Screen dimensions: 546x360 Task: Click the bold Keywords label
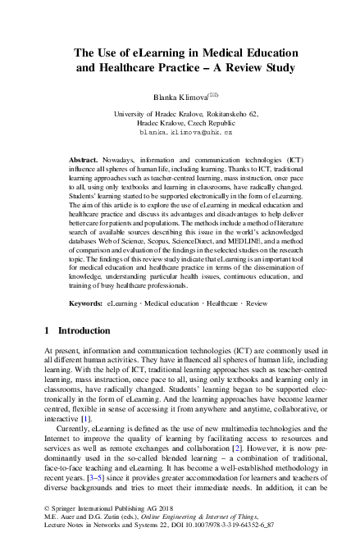pyautogui.click(x=85, y=303)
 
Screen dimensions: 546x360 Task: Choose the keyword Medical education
pyautogui.click(x=172, y=303)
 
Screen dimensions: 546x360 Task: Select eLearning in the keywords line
pyautogui.click(x=123, y=303)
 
